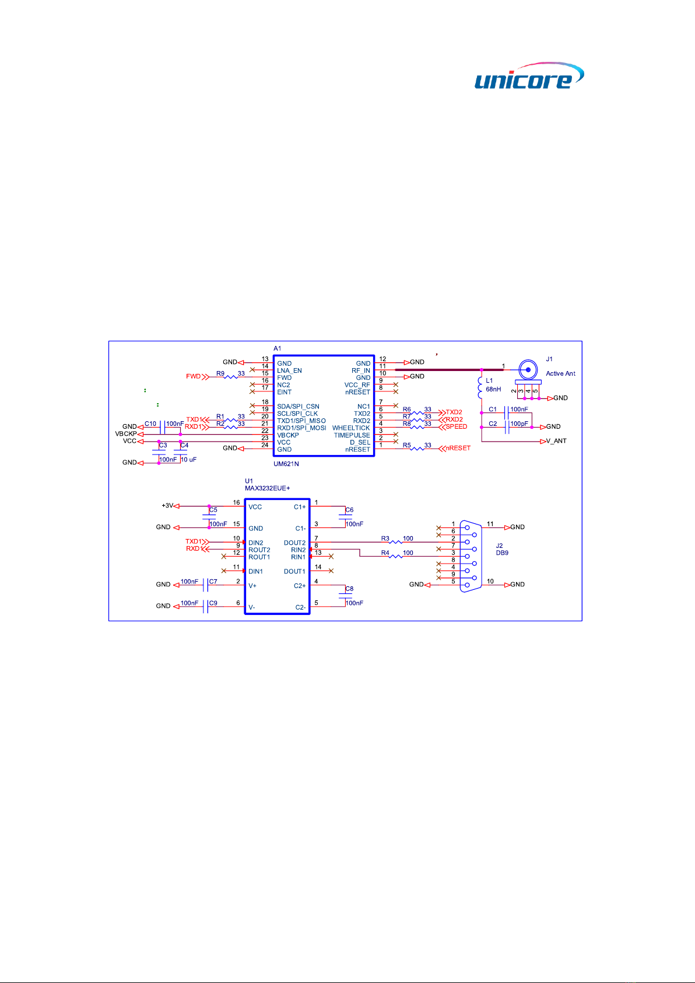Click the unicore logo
(528, 76)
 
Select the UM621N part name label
(287, 464)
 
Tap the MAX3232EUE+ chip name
(267, 488)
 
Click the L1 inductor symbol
(481, 386)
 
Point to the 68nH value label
(493, 389)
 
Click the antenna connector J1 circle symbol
(528, 369)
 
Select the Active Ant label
(560, 373)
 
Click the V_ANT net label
(556, 441)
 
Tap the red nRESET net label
(458, 448)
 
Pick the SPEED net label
(456, 426)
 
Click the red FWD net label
(193, 376)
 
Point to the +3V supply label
(167, 506)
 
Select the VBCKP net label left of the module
(125, 434)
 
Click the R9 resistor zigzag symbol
(231, 377)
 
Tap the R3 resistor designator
(385, 539)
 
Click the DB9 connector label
(502, 553)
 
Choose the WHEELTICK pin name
(351, 428)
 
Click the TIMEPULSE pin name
(352, 435)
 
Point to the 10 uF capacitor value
(188, 460)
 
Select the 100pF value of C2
(519, 424)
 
